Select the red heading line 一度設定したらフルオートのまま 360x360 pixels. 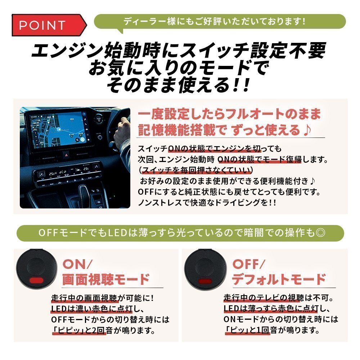pyautogui.click(x=229, y=114)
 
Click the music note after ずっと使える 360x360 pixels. pyautogui.click(x=306, y=130)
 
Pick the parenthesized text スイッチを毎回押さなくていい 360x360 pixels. pyautogui.click(x=196, y=169)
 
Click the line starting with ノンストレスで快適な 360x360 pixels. pyautogui.click(x=207, y=202)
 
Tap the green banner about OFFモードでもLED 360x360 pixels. pyautogui.click(x=180, y=233)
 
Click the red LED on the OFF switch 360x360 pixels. pyautogui.click(x=205, y=280)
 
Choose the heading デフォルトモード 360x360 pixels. pyautogui.click(x=279, y=279)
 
